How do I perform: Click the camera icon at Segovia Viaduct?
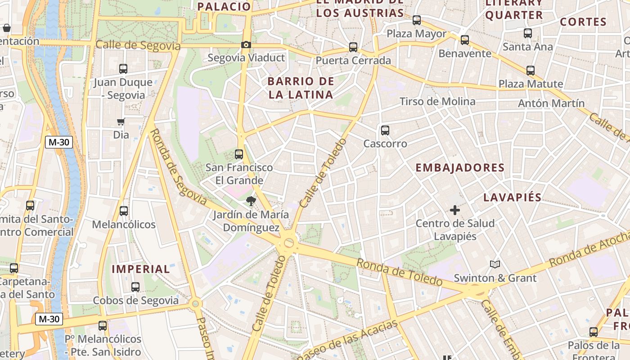[x=246, y=45]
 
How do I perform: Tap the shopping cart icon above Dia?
[x=121, y=121]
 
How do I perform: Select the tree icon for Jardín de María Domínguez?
[x=251, y=201]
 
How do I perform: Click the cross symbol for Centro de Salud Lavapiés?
[x=455, y=210]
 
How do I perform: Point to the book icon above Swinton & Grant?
[x=495, y=264]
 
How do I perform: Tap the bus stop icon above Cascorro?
[x=385, y=130]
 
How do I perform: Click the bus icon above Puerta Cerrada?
[x=353, y=47]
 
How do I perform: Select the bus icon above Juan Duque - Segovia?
[x=123, y=69]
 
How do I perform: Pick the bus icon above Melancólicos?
[x=124, y=211]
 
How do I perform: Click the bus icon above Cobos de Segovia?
[x=135, y=287]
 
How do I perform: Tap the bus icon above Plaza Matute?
[x=531, y=70]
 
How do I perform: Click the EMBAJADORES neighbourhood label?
[x=459, y=168]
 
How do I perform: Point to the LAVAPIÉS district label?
[x=512, y=198]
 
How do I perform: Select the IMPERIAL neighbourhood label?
[x=140, y=269]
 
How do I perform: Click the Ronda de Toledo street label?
[x=400, y=272]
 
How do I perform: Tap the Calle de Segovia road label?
[x=138, y=45]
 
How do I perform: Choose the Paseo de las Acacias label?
[x=348, y=340]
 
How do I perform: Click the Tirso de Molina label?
[x=437, y=101]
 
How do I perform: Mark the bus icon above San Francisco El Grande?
[x=239, y=154]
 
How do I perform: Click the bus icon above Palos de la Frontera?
[x=594, y=332]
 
